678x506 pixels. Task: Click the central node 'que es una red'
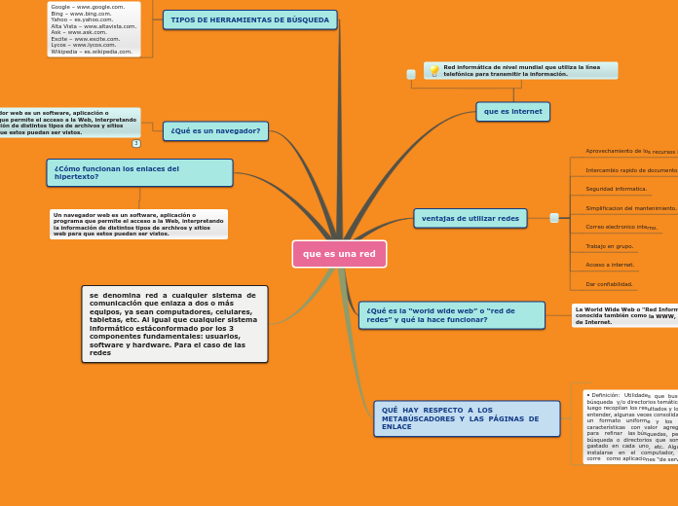tap(339, 254)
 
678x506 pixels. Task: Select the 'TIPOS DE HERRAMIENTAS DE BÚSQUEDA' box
tap(249, 19)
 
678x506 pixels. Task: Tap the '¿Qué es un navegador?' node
tap(215, 131)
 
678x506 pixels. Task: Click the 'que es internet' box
tap(512, 112)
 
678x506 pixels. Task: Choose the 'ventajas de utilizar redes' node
tap(470, 218)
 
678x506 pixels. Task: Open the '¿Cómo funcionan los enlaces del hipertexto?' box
tap(139, 172)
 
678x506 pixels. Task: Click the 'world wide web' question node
tap(451, 315)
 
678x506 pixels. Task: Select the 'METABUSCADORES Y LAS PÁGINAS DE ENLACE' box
tap(467, 418)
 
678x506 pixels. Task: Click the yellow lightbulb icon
tap(433, 71)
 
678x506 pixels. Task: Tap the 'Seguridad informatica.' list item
tap(616, 189)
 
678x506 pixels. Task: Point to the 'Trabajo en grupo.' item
tap(609, 246)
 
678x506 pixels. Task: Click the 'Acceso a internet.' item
tap(610, 265)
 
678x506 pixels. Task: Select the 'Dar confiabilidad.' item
tap(609, 284)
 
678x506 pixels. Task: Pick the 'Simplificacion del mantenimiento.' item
tap(630, 208)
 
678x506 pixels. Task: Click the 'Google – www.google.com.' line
tap(88, 7)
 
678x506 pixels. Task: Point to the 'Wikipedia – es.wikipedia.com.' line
tap(92, 52)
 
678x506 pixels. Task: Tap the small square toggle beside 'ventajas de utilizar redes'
tap(554, 218)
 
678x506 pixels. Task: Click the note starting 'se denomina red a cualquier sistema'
tap(174, 324)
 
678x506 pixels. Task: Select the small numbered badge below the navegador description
tap(136, 143)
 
